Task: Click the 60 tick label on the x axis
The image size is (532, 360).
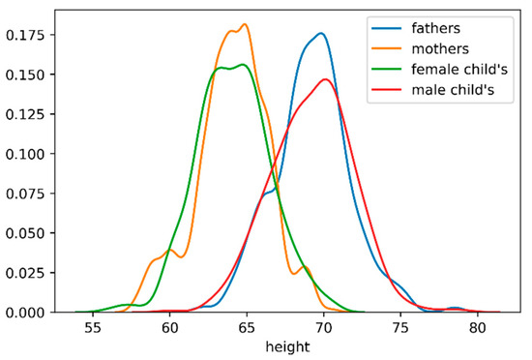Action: coord(169,328)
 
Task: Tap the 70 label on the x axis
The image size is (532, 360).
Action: coord(323,328)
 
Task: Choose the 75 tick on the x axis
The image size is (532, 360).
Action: coord(400,328)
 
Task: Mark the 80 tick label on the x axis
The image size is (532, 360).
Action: coord(478,328)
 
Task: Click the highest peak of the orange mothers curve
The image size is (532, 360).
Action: coord(244,24)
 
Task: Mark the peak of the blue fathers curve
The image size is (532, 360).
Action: coord(320,33)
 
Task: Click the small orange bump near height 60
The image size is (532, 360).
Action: coord(170,251)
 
